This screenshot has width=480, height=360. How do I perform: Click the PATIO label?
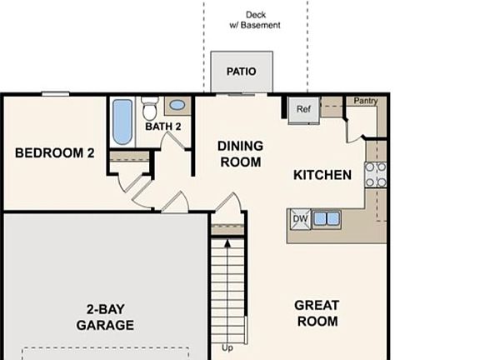click(241, 72)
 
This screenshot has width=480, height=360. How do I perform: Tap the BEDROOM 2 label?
click(54, 153)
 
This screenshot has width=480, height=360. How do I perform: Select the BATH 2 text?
click(163, 127)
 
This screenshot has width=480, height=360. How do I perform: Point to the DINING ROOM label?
click(240, 154)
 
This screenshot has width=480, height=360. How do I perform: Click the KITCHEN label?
click(322, 175)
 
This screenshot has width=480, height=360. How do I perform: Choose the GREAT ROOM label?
click(317, 313)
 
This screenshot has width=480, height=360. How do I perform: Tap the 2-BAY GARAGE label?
click(105, 317)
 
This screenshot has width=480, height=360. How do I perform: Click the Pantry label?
click(365, 102)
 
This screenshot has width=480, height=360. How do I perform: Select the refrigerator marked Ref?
click(303, 109)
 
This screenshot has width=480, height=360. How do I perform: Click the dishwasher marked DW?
click(299, 219)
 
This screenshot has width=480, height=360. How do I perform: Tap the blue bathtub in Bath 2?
click(122, 122)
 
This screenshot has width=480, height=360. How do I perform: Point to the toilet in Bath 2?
click(150, 109)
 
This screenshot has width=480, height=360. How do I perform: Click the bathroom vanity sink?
click(177, 106)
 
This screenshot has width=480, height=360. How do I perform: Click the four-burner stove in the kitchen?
click(376, 173)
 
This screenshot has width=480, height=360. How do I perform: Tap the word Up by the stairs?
click(227, 347)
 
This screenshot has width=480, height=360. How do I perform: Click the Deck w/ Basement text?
click(255, 20)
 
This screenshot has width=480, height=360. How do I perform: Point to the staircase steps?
click(229, 287)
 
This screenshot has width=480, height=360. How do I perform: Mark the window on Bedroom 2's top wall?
click(55, 94)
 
